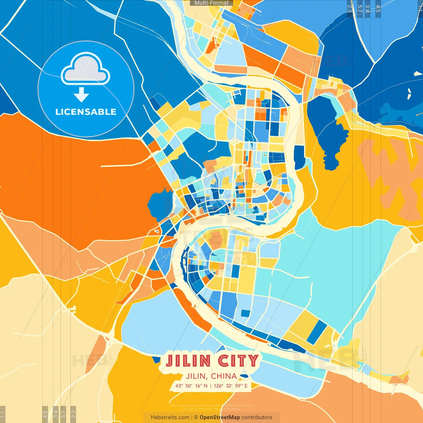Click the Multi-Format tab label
[211, 3]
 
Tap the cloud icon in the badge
[86, 69]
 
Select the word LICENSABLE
[86, 112]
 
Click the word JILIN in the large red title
[188, 361]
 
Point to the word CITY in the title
[238, 361]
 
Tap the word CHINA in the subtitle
[224, 376]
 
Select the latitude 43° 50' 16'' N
[191, 386]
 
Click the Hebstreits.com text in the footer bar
[170, 417]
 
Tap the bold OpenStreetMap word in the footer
[220, 417]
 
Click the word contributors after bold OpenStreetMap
[257, 417]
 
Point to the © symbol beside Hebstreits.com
[196, 417]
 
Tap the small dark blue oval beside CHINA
[244, 376]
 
